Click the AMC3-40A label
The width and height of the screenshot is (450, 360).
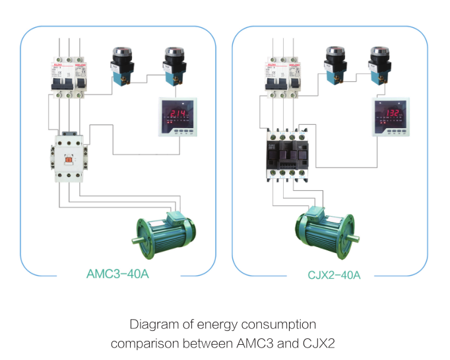click(x=118, y=273)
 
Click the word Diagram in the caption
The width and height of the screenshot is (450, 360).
click(x=154, y=324)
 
